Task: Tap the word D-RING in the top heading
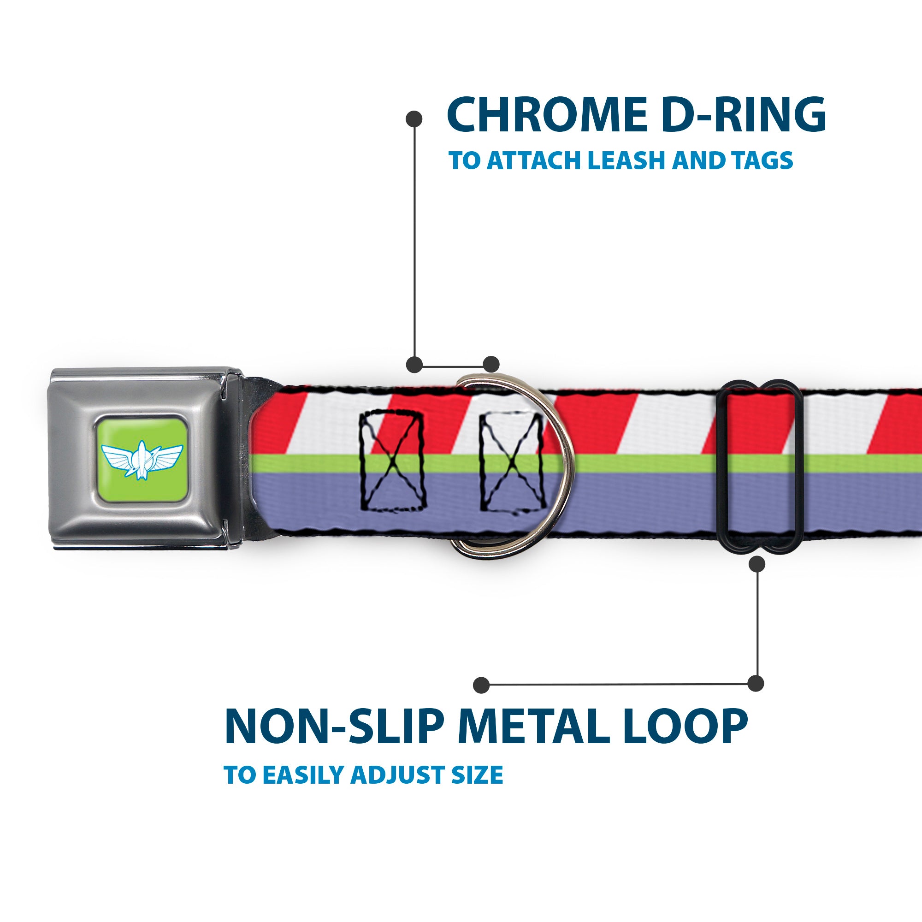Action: (x=744, y=114)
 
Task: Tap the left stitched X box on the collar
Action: (x=392, y=461)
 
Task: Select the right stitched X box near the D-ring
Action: (x=512, y=463)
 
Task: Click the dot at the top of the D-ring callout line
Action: (x=414, y=119)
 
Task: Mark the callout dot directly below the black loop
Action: (x=757, y=565)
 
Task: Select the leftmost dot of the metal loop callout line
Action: (x=482, y=685)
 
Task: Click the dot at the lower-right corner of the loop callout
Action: (x=756, y=683)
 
